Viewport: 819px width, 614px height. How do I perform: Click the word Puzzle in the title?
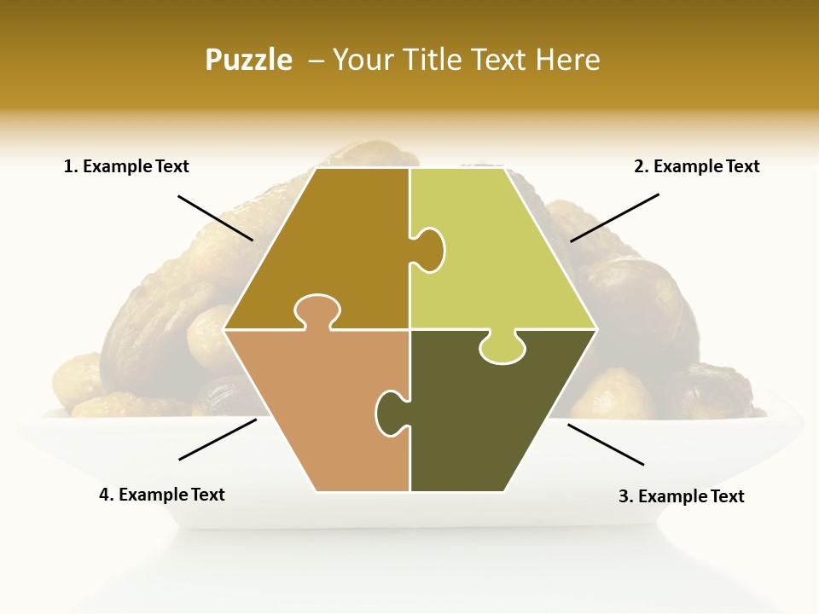pyautogui.click(x=248, y=60)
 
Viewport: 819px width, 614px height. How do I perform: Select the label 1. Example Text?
pyautogui.click(x=126, y=166)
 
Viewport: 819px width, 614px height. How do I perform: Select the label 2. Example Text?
pyautogui.click(x=696, y=166)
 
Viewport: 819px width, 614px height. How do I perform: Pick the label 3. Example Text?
pyautogui.click(x=681, y=496)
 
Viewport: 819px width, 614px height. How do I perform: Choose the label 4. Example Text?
pyautogui.click(x=161, y=495)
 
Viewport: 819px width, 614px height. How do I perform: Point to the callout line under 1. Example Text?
pyautogui.click(x=215, y=217)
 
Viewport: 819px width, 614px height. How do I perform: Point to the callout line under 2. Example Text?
pyautogui.click(x=614, y=217)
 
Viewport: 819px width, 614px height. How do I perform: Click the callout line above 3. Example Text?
pyautogui.click(x=605, y=444)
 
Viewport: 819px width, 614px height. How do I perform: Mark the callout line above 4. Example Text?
pyautogui.click(x=218, y=438)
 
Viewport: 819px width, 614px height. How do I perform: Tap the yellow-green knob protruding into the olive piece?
pyautogui.click(x=502, y=348)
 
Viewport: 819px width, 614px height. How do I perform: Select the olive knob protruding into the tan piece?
pyautogui.click(x=390, y=411)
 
